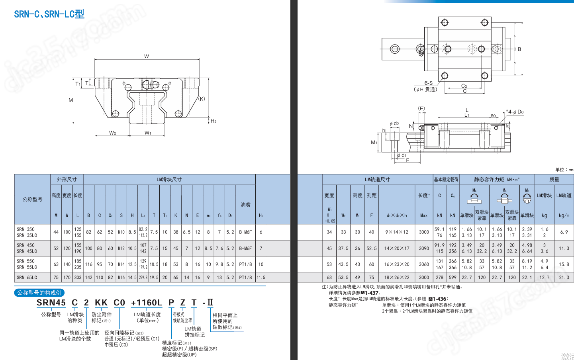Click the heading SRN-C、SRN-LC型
49,14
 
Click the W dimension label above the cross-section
147,57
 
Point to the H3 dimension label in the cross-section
214,121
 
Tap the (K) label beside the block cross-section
202,99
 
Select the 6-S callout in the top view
428,83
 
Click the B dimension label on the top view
519,49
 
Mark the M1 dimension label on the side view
374,143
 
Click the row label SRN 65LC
27,278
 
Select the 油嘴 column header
245,205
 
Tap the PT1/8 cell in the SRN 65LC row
245,278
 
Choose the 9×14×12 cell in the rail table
397,232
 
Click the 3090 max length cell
424,248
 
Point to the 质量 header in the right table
554,180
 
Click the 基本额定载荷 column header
446,180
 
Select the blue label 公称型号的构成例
39,293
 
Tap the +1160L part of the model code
147,303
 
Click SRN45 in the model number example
51,303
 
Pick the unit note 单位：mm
564,170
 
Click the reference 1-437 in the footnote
371,293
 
